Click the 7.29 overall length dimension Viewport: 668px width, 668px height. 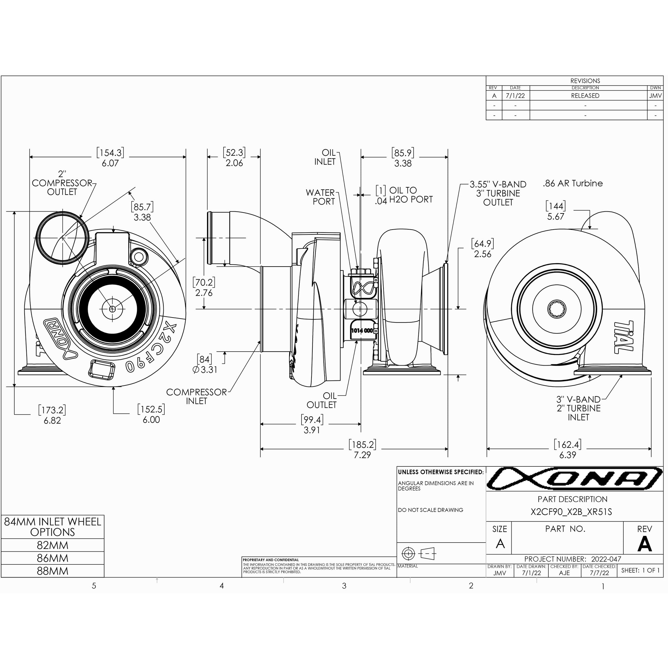coord(362,455)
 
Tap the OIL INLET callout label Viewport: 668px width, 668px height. coord(325,157)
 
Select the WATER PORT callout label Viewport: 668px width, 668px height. coord(321,197)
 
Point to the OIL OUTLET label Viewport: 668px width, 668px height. coord(322,400)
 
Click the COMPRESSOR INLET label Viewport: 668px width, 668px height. coord(196,397)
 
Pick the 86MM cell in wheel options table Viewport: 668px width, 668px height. coord(53,558)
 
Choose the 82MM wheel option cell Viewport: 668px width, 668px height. coord(53,545)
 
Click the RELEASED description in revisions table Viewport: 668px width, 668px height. coord(585,96)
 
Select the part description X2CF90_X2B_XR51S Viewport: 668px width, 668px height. coord(571,512)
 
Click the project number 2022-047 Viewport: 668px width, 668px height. coord(606,559)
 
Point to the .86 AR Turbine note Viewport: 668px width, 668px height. coord(573,184)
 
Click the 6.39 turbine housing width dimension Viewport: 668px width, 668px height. coord(568,455)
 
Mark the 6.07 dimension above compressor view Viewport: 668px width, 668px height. coord(110,163)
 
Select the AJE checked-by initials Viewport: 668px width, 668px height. coord(564,573)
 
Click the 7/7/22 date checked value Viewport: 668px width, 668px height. coord(600,573)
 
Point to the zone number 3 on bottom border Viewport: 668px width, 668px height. coord(344,586)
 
